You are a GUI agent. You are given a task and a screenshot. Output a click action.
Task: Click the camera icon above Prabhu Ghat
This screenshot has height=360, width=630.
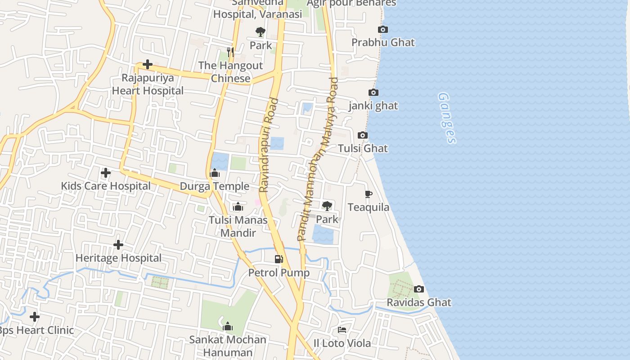pyautogui.click(x=383, y=30)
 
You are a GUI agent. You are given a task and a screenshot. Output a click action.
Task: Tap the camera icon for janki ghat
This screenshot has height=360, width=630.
pyautogui.click(x=373, y=93)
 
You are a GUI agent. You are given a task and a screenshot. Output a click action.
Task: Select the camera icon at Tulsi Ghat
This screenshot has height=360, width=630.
pyautogui.click(x=362, y=135)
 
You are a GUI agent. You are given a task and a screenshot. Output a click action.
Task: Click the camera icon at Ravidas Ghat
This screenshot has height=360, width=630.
pyautogui.click(x=418, y=289)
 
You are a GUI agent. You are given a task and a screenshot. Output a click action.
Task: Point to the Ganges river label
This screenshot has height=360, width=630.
pyautogui.click(x=447, y=118)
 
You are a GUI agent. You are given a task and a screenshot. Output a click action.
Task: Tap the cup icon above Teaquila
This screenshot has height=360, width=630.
pyautogui.click(x=369, y=194)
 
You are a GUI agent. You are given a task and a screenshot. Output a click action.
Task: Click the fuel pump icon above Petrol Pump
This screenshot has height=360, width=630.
pyautogui.click(x=279, y=259)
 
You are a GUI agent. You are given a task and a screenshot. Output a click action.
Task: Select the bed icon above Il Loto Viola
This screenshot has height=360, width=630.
pyautogui.click(x=342, y=330)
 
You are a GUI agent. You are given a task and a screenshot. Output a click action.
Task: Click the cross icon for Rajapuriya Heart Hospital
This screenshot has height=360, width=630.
pyautogui.click(x=147, y=65)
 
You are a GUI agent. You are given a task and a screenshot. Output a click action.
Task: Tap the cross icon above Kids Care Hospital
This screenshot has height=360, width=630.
pyautogui.click(x=106, y=173)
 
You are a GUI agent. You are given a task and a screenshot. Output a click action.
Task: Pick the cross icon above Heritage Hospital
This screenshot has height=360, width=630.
pyautogui.click(x=118, y=245)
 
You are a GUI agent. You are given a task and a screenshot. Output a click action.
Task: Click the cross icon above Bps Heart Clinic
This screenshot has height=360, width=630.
pyautogui.click(x=35, y=317)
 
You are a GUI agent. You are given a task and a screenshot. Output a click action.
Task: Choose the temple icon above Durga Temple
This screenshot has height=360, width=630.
pyautogui.click(x=214, y=173)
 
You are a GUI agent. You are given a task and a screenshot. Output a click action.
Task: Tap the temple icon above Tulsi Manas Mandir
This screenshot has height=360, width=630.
pyautogui.click(x=238, y=207)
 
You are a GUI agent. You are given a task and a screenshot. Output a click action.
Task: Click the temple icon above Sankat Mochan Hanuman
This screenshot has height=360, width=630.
pyautogui.click(x=228, y=326)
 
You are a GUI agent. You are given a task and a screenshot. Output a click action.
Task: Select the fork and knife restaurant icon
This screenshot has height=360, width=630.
pyautogui.click(x=230, y=52)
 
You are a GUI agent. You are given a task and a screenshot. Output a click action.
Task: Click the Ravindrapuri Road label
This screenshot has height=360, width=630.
pyautogui.click(x=269, y=145)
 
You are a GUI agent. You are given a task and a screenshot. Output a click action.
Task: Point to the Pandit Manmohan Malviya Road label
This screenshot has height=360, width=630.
pyautogui.click(x=318, y=158)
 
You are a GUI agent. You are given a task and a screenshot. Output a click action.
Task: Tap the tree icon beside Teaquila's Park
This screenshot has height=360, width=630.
pyautogui.click(x=327, y=206)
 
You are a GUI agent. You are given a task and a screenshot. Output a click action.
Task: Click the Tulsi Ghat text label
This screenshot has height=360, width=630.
pyautogui.click(x=363, y=148)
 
